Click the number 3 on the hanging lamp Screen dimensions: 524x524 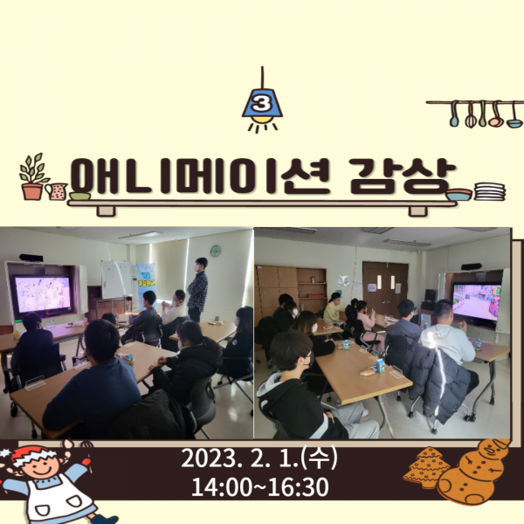[x=262, y=104]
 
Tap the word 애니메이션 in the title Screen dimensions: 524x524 [x=200, y=176]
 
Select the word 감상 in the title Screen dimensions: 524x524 [x=403, y=176]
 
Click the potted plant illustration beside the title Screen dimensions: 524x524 [x=33, y=176]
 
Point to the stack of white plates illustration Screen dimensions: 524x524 [x=490, y=191]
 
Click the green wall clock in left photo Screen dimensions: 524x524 [x=216, y=251]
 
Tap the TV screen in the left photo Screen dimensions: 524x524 [x=43, y=294]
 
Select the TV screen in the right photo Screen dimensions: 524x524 [x=477, y=302]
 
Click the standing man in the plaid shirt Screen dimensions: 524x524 [x=198, y=289]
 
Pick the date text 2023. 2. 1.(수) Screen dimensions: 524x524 [x=259, y=458]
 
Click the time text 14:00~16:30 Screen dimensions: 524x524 [x=259, y=487]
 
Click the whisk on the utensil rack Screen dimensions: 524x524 [x=470, y=114]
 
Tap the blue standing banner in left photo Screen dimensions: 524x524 [x=146, y=284]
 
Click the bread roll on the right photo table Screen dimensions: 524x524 [x=368, y=372]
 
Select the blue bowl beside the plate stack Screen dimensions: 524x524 [x=459, y=195]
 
